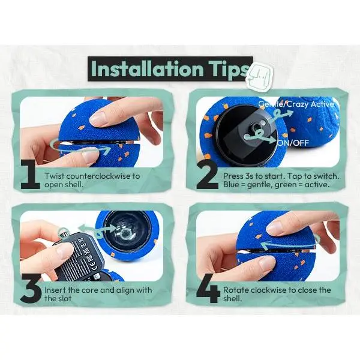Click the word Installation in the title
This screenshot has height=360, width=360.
click(x=147, y=68)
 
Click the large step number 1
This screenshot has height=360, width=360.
click(x=31, y=175)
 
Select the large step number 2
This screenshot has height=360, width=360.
click(x=208, y=175)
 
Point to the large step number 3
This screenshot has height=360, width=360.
click(x=31, y=289)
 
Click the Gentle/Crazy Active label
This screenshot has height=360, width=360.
click(x=296, y=104)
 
